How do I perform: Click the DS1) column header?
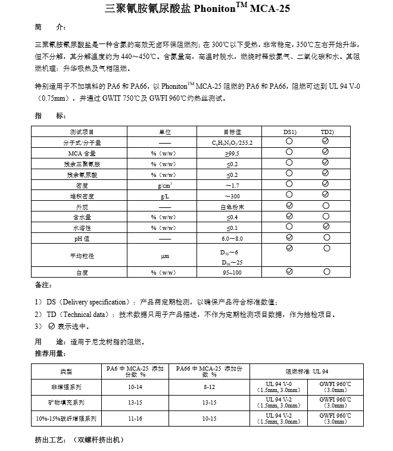(290, 131)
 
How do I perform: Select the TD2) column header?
(327, 131)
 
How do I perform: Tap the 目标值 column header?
(232, 131)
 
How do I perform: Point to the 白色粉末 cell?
(232, 206)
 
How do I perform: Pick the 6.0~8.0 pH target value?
(232, 238)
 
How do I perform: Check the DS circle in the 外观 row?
(289, 206)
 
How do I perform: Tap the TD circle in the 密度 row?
(326, 185)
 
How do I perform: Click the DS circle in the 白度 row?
(289, 271)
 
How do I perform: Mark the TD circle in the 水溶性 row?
(326, 227)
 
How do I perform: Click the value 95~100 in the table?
(232, 272)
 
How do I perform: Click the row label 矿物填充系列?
(66, 403)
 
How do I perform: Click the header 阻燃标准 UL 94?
(307, 371)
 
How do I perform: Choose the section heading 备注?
(44, 286)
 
